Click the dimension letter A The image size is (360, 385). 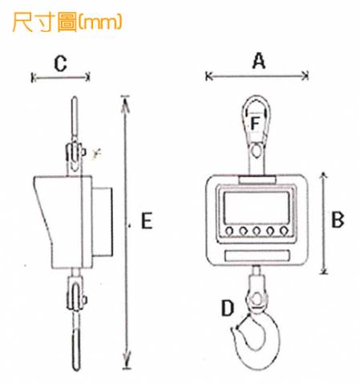tap(259, 61)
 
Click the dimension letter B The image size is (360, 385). tap(338, 220)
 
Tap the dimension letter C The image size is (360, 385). tap(60, 63)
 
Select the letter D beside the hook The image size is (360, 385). tap(228, 308)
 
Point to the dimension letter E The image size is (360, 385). tap(147, 221)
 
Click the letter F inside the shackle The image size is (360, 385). tap(255, 124)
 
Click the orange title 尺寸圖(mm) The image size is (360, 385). tap(67, 22)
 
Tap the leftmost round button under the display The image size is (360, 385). tap(229, 230)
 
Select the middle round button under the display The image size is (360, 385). tap(257, 230)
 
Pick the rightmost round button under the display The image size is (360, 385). tap(284, 230)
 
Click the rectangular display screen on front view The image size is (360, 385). tap(257, 209)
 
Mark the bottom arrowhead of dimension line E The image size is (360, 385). tap(127, 363)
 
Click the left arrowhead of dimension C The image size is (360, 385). tap(34, 78)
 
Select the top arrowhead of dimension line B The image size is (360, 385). tap(323, 176)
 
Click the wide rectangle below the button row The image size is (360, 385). tap(257, 256)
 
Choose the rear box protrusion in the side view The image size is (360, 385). tap(103, 222)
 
